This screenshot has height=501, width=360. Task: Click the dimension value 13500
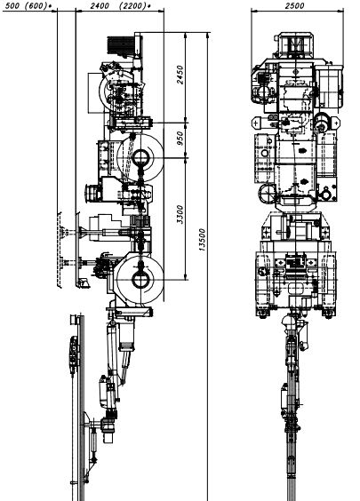click(x=202, y=240)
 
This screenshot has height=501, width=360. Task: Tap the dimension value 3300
click(x=180, y=214)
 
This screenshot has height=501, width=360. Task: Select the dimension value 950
click(x=180, y=138)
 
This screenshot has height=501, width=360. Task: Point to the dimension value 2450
click(x=180, y=75)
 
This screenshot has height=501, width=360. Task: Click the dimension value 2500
click(x=294, y=5)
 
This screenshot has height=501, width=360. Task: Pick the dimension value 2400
click(x=100, y=5)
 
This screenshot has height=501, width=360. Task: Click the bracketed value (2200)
click(x=132, y=5)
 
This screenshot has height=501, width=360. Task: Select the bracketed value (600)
click(x=37, y=5)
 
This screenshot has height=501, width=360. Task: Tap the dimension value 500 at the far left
click(x=12, y=5)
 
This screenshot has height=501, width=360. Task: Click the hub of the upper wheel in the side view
click(x=140, y=157)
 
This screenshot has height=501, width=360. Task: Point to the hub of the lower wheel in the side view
click(x=140, y=280)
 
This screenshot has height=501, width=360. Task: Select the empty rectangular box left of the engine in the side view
click(x=95, y=92)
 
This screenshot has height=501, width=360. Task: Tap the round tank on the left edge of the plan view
click(x=267, y=194)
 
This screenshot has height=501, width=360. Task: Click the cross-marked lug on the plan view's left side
click(x=256, y=123)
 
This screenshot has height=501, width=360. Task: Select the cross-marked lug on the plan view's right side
click(x=336, y=123)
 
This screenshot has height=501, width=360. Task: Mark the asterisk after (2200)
click(x=149, y=5)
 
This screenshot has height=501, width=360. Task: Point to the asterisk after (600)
click(x=51, y=5)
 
